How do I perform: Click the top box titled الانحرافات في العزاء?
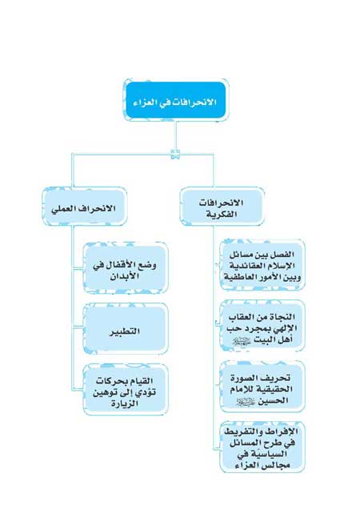point(176,100)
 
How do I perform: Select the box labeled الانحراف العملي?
point(85,207)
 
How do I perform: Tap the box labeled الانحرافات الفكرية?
point(222,207)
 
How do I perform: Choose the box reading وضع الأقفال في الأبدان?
point(126,267)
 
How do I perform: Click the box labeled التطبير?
point(126,328)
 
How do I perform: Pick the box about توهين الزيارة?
point(126,389)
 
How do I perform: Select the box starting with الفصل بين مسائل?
point(262,265)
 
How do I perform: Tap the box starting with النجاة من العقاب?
point(262,326)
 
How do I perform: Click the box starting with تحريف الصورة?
point(262,387)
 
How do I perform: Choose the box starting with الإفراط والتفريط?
point(262,447)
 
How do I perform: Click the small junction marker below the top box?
point(175,155)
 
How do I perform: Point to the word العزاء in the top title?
point(146,102)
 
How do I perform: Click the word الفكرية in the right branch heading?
point(222,215)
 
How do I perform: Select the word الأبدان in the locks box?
point(125,276)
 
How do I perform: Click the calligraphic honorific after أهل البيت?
point(241,341)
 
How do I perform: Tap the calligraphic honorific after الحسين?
point(245,402)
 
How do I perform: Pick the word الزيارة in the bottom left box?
point(125,404)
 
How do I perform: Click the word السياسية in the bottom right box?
point(267,454)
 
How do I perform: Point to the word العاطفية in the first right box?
point(240,277)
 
